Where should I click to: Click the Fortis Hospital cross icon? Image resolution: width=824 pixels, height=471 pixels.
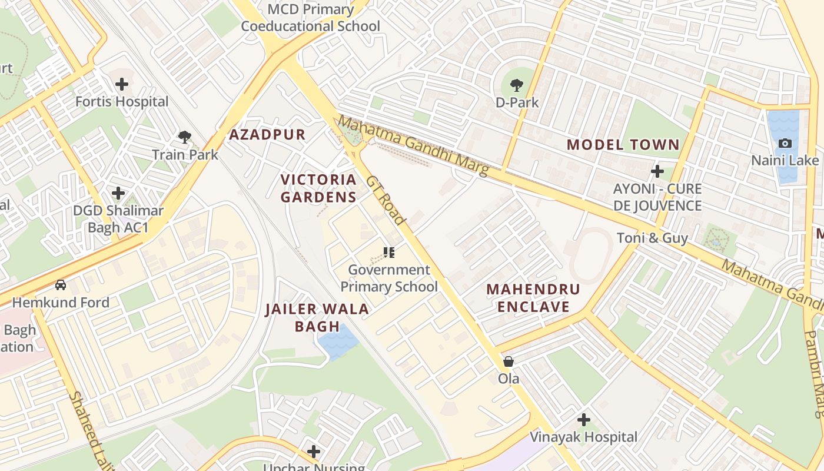[x=122, y=84]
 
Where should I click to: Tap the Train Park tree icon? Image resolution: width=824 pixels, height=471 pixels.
[x=185, y=138]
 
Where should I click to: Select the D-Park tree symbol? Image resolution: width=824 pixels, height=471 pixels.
[x=517, y=85]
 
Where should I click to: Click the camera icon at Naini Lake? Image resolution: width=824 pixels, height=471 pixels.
[x=785, y=143]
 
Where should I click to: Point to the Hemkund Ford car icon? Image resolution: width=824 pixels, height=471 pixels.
[x=61, y=285]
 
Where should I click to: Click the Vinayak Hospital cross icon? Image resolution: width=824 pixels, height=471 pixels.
[x=583, y=420]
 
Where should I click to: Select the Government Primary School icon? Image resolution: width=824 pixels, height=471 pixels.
[x=388, y=253]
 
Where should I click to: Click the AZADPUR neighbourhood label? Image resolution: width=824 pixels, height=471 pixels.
[x=267, y=135]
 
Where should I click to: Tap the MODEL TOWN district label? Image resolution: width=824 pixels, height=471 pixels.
[x=623, y=145]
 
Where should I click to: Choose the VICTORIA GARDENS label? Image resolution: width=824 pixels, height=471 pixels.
[x=318, y=188]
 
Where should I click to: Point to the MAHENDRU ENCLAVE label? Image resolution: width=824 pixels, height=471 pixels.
[x=533, y=298]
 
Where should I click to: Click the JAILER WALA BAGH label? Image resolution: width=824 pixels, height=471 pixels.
[x=317, y=317]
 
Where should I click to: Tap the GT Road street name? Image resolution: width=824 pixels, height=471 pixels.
[x=386, y=200]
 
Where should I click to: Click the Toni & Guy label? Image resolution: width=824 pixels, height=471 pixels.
[x=652, y=238]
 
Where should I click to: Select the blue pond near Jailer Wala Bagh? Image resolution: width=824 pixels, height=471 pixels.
[x=338, y=341]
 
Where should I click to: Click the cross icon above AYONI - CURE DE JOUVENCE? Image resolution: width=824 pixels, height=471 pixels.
[x=657, y=171]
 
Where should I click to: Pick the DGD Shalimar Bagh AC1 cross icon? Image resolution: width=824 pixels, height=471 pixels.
[x=118, y=193]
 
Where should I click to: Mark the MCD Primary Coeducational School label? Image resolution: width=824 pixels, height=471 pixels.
[x=311, y=18]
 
